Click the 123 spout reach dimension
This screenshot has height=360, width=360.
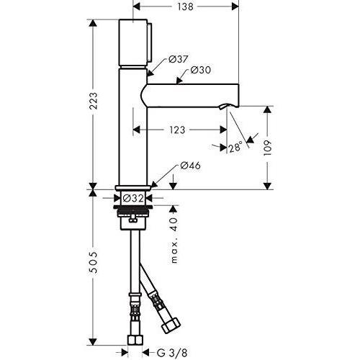pos(176,130)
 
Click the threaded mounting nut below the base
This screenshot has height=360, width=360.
pos(134,214)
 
